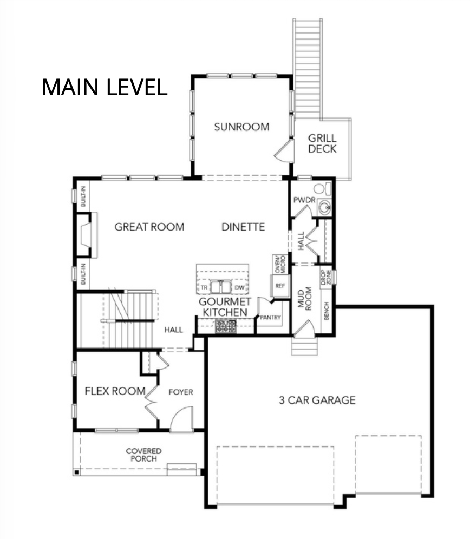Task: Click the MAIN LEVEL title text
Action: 105,87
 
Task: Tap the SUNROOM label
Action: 241,127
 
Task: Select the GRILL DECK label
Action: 322,143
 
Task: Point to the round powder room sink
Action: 324,206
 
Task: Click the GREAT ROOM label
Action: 149,227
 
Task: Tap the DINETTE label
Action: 243,227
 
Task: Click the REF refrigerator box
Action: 280,285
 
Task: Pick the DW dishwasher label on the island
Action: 239,287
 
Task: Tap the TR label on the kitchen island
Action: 205,287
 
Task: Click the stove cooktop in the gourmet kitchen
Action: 226,325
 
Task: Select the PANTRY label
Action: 271,318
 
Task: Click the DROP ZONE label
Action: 325,277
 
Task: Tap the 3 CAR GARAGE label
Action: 317,400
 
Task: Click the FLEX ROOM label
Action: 115,391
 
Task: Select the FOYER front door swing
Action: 181,421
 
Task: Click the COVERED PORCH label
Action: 144,455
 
